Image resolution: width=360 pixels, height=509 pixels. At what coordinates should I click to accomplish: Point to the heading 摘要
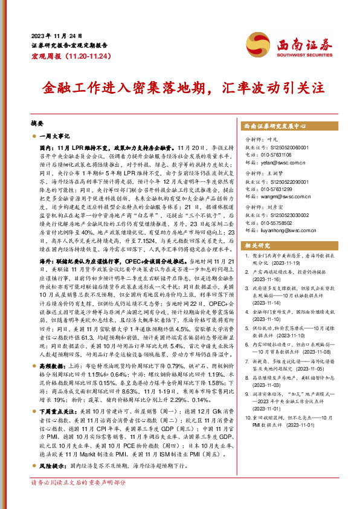[x=37, y=122]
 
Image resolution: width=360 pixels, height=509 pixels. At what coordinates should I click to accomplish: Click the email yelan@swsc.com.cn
[x=285, y=162]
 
